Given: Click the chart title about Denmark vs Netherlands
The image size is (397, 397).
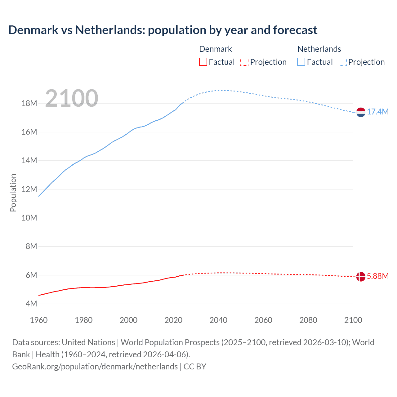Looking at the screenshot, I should (x=163, y=30).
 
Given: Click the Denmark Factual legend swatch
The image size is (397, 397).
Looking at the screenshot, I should (x=203, y=62).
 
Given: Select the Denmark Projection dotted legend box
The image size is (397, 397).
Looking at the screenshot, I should (x=244, y=62).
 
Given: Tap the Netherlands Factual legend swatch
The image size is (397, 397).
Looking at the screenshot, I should (x=301, y=62).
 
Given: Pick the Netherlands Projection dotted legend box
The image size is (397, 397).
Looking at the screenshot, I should (x=343, y=62).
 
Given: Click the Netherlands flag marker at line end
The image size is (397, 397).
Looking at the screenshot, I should (x=361, y=112).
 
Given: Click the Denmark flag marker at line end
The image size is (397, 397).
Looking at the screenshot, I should (x=361, y=276).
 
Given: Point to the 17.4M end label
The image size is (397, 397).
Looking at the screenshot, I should (x=378, y=112).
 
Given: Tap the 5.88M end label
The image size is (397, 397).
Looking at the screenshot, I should (x=378, y=276).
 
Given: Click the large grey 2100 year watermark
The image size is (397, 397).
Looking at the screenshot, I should (x=72, y=98).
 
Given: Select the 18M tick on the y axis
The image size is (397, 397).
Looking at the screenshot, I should (x=29, y=103).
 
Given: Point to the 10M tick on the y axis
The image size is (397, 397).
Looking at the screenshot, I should (x=29, y=218).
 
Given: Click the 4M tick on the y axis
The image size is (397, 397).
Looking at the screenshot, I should (x=31, y=304).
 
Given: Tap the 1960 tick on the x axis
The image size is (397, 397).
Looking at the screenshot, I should (x=39, y=320).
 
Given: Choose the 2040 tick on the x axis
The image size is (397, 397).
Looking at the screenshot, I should (x=218, y=320).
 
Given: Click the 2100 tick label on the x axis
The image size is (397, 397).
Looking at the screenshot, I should (x=353, y=320).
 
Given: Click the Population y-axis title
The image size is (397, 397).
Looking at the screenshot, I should (x=13, y=193).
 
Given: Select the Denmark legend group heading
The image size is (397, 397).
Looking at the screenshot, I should (x=216, y=49).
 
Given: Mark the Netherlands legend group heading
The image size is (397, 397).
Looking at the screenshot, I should (x=319, y=49).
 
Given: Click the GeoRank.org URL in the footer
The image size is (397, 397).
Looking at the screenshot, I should (x=95, y=367).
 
